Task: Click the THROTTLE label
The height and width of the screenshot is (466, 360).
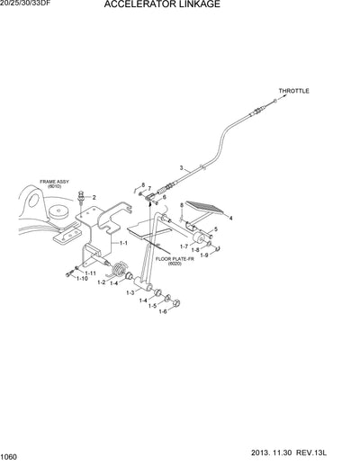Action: (x=292, y=91)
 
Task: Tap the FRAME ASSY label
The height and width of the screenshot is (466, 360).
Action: (x=42, y=181)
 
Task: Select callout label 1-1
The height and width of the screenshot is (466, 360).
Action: (x=124, y=243)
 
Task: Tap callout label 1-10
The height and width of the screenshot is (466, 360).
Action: (x=80, y=279)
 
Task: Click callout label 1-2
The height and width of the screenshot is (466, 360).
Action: (x=101, y=282)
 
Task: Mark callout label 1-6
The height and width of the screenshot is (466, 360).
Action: (x=162, y=311)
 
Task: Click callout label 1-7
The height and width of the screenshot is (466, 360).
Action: (x=183, y=246)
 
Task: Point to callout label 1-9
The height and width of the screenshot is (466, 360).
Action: (x=203, y=255)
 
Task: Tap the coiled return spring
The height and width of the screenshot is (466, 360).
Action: (x=116, y=267)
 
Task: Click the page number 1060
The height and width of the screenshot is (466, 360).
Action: (x=10, y=457)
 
